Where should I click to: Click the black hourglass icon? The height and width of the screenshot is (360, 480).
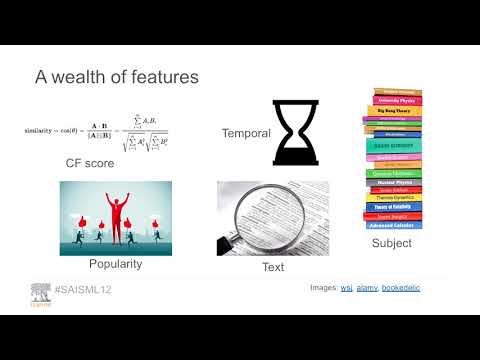(x=295, y=132)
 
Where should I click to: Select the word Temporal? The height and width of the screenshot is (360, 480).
(x=243, y=133)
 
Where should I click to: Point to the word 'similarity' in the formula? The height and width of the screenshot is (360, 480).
(x=45, y=131)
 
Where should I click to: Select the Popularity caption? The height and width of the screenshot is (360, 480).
(x=115, y=264)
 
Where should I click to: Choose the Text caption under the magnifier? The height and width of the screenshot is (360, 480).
(x=272, y=267)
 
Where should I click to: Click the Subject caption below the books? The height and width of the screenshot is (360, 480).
(x=390, y=243)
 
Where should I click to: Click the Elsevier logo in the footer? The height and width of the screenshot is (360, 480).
(x=40, y=292)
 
